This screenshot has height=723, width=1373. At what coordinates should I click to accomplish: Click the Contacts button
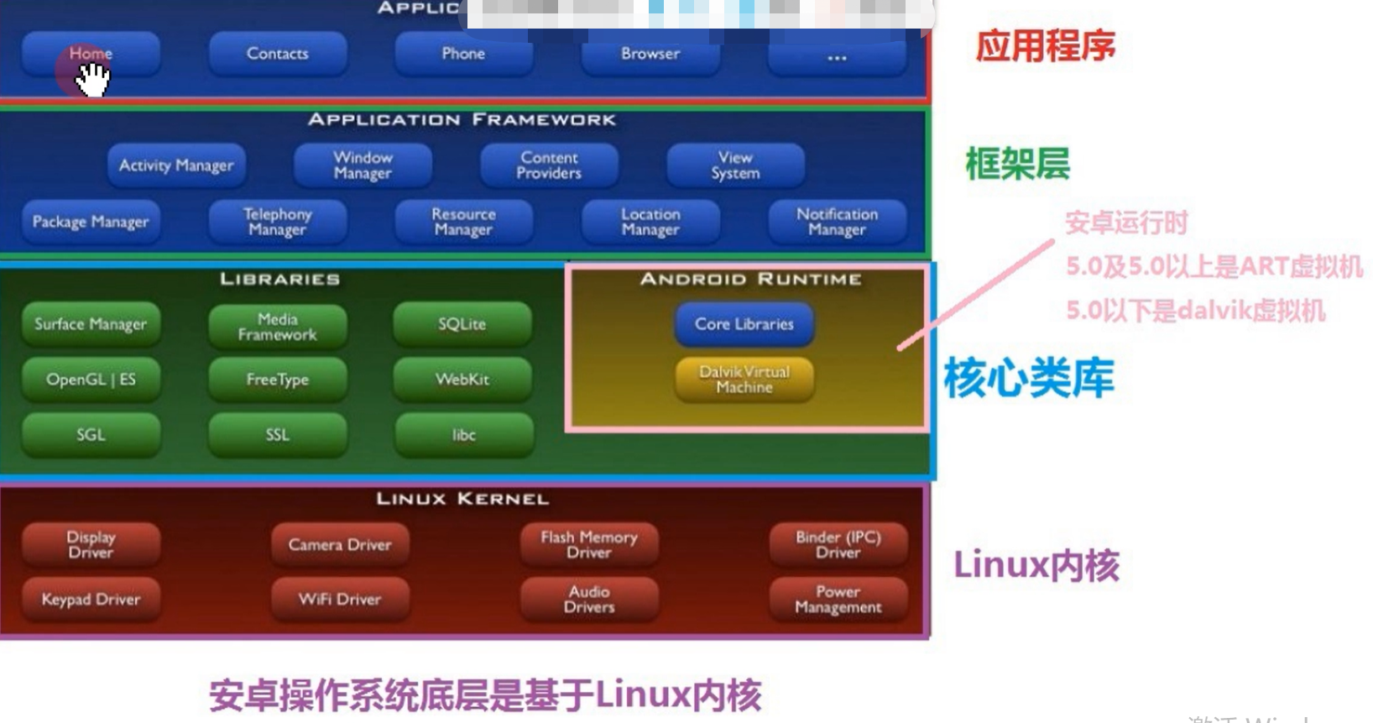click(x=278, y=54)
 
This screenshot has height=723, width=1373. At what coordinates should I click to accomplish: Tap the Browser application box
click(x=650, y=54)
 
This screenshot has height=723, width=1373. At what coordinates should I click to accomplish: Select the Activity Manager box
click(x=176, y=165)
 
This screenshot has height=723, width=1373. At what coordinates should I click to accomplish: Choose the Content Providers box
click(x=549, y=165)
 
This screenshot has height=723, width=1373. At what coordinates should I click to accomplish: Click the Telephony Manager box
click(x=278, y=222)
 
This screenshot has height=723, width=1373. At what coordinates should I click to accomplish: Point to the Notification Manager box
click(x=837, y=222)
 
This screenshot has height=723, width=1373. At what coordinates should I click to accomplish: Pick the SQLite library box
click(x=462, y=324)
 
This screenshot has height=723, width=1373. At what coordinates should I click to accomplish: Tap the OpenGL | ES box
click(x=91, y=380)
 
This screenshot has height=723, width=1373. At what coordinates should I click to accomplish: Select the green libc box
click(x=464, y=435)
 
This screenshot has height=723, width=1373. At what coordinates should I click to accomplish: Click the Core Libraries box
click(x=744, y=324)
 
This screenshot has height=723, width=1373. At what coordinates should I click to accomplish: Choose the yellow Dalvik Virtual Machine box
click(x=744, y=380)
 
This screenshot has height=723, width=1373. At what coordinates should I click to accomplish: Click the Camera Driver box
click(x=340, y=545)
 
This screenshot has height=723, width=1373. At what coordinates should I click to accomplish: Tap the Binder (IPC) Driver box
click(x=838, y=544)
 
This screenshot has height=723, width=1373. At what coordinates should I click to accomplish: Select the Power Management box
click(x=838, y=600)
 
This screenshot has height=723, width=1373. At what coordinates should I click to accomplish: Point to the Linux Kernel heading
click(x=462, y=499)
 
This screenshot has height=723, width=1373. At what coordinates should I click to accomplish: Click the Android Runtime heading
click(x=750, y=279)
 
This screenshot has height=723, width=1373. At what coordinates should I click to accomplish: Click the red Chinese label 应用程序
click(x=1045, y=46)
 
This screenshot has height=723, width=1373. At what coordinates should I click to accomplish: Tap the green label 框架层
click(x=1017, y=164)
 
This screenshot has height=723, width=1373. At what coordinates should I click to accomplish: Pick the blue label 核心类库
click(x=1029, y=378)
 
